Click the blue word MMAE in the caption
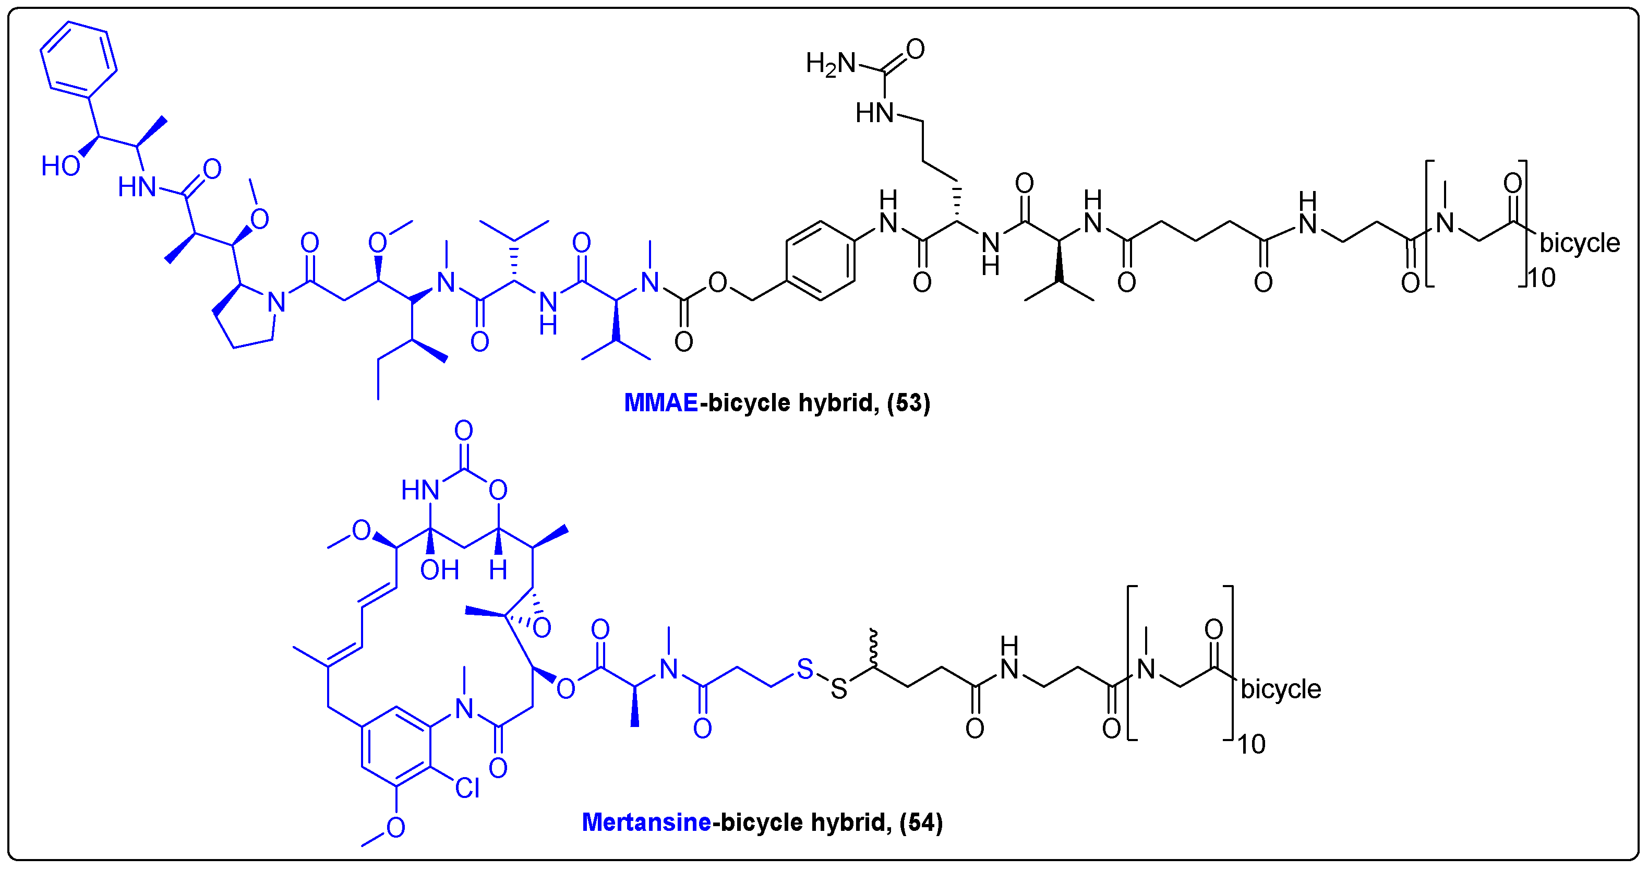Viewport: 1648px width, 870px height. (660, 403)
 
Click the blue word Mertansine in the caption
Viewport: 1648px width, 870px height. (646, 822)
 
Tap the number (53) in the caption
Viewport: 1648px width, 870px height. (908, 403)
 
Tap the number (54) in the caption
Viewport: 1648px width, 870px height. (921, 822)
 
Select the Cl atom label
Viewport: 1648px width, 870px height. (467, 788)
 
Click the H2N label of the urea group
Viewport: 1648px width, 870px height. (831, 63)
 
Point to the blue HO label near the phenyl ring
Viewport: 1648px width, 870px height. (61, 166)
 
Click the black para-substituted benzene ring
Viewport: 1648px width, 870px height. (820, 260)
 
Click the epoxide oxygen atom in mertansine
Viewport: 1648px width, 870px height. (541, 628)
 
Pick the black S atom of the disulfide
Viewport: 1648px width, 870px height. (839, 689)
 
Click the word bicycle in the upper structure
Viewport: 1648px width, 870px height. (1579, 243)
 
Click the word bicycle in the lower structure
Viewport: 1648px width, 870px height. (1281, 689)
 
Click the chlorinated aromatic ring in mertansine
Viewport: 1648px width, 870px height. (396, 747)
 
